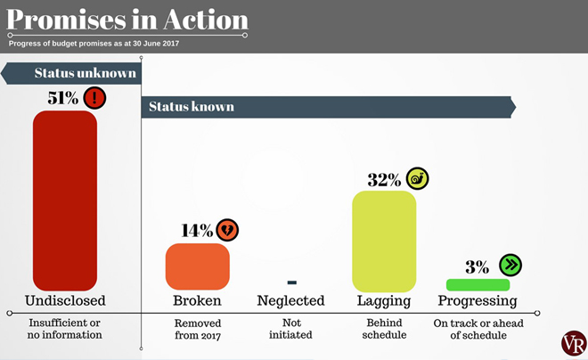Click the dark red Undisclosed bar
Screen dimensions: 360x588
tap(65, 200)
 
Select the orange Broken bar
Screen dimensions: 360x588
tap(197, 266)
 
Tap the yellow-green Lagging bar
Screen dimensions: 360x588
tap(384, 240)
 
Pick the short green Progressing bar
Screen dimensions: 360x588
tap(478, 285)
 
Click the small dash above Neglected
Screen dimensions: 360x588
tap(291, 282)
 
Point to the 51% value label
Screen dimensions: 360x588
tap(63, 98)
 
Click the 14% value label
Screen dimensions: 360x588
tap(197, 231)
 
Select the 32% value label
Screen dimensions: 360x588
tap(384, 179)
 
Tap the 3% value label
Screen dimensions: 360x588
tap(477, 266)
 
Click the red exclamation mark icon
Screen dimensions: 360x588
tap(94, 97)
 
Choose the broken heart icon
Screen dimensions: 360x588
tap(227, 230)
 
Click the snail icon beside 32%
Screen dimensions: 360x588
tap(417, 178)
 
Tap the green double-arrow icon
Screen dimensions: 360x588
tap(510, 265)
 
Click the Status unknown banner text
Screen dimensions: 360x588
tap(85, 73)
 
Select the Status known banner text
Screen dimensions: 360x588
tap(192, 107)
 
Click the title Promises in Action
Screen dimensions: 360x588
tap(127, 20)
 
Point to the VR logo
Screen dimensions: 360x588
tap(574, 343)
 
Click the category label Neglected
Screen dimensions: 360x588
tap(290, 301)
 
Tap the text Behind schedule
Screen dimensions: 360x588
tap(384, 329)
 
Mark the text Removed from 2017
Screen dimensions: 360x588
tap(197, 329)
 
